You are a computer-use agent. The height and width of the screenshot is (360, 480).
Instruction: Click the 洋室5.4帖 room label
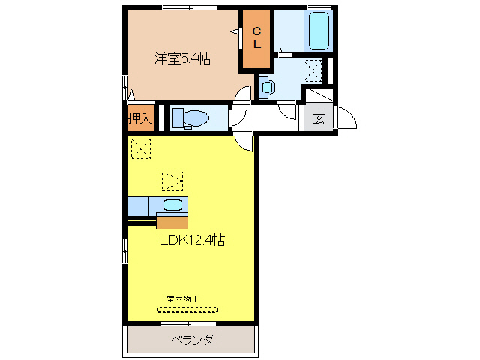pyautogui.click(x=182, y=58)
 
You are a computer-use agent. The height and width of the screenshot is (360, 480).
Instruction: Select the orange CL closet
pyautogui.click(x=256, y=40)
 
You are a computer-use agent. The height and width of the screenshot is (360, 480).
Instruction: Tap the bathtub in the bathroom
pyautogui.click(x=319, y=31)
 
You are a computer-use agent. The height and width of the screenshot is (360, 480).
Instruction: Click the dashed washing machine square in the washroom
pyautogui.click(x=313, y=70)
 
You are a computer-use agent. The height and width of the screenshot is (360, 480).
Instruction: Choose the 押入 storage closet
pyautogui.click(x=139, y=118)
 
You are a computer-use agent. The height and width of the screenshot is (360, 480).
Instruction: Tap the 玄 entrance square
pyautogui.click(x=319, y=118)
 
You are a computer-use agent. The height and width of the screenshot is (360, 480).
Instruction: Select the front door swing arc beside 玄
pyautogui.click(x=346, y=118)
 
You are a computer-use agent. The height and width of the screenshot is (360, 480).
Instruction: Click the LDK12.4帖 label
pyautogui.click(x=192, y=240)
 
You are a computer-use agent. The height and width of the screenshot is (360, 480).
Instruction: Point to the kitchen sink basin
pyautogui.click(x=172, y=205)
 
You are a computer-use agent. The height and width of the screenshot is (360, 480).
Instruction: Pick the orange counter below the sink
pyautogui.click(x=172, y=221)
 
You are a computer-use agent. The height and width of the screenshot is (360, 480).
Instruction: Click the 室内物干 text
pyautogui.click(x=183, y=298)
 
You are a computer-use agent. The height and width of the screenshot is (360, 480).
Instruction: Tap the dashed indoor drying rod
pyautogui.click(x=187, y=308)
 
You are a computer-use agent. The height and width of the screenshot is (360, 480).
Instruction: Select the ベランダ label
pyautogui.click(x=192, y=340)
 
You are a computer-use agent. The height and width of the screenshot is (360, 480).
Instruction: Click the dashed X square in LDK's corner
pyautogui.click(x=141, y=148)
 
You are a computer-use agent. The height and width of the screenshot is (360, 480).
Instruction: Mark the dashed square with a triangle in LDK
pyautogui.click(x=172, y=181)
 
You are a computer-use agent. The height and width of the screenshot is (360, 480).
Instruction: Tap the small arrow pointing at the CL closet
pyautogui.click(x=234, y=31)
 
